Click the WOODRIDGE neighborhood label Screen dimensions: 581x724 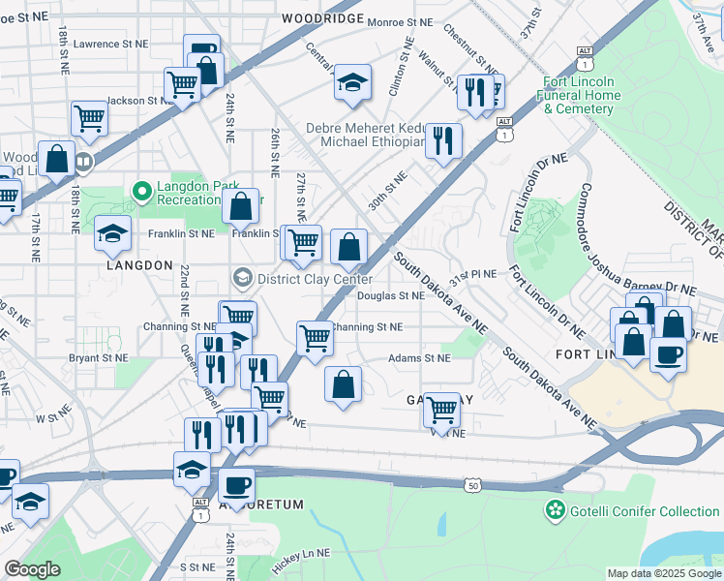322,18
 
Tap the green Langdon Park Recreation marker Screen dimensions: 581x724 142,192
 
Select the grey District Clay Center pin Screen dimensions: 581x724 240,279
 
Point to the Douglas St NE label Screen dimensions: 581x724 391,296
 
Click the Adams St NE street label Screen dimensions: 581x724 419,357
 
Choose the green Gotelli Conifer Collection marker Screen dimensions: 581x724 556,509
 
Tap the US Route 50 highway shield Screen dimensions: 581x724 472,484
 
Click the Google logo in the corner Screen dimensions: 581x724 32,569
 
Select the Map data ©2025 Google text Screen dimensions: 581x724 664,573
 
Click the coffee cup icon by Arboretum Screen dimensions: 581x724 235,484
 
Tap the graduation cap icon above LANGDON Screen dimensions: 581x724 112,232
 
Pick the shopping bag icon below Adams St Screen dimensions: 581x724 343,383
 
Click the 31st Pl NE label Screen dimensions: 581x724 478,274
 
